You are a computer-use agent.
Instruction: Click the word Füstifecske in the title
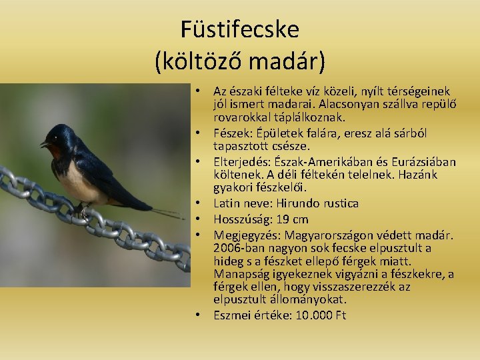pyautogui.click(x=240, y=29)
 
